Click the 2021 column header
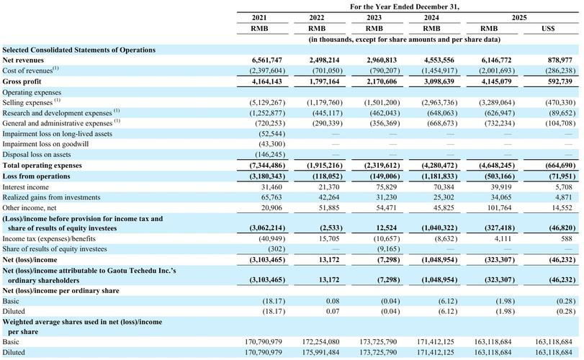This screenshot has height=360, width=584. [x=259, y=17]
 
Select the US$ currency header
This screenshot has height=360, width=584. [x=548, y=28]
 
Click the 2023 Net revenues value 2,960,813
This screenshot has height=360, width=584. [x=381, y=60]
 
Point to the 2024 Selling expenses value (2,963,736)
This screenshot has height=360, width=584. [x=439, y=102]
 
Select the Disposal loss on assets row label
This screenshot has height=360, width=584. [x=37, y=155]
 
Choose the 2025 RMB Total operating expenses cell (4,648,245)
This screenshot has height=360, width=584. [x=497, y=166]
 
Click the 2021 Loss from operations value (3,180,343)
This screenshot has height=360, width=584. [x=267, y=176]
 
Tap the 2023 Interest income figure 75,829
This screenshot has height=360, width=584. [x=386, y=187]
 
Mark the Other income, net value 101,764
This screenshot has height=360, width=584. [x=500, y=208]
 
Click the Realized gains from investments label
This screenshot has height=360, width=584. [x=51, y=197]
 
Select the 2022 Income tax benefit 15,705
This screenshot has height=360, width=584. [x=329, y=238]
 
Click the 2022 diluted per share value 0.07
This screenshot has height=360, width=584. [x=333, y=311]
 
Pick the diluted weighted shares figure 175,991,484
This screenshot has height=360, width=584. [x=320, y=352]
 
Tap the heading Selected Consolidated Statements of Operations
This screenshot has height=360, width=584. [x=79, y=50]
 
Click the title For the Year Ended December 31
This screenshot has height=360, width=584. [x=405, y=6]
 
